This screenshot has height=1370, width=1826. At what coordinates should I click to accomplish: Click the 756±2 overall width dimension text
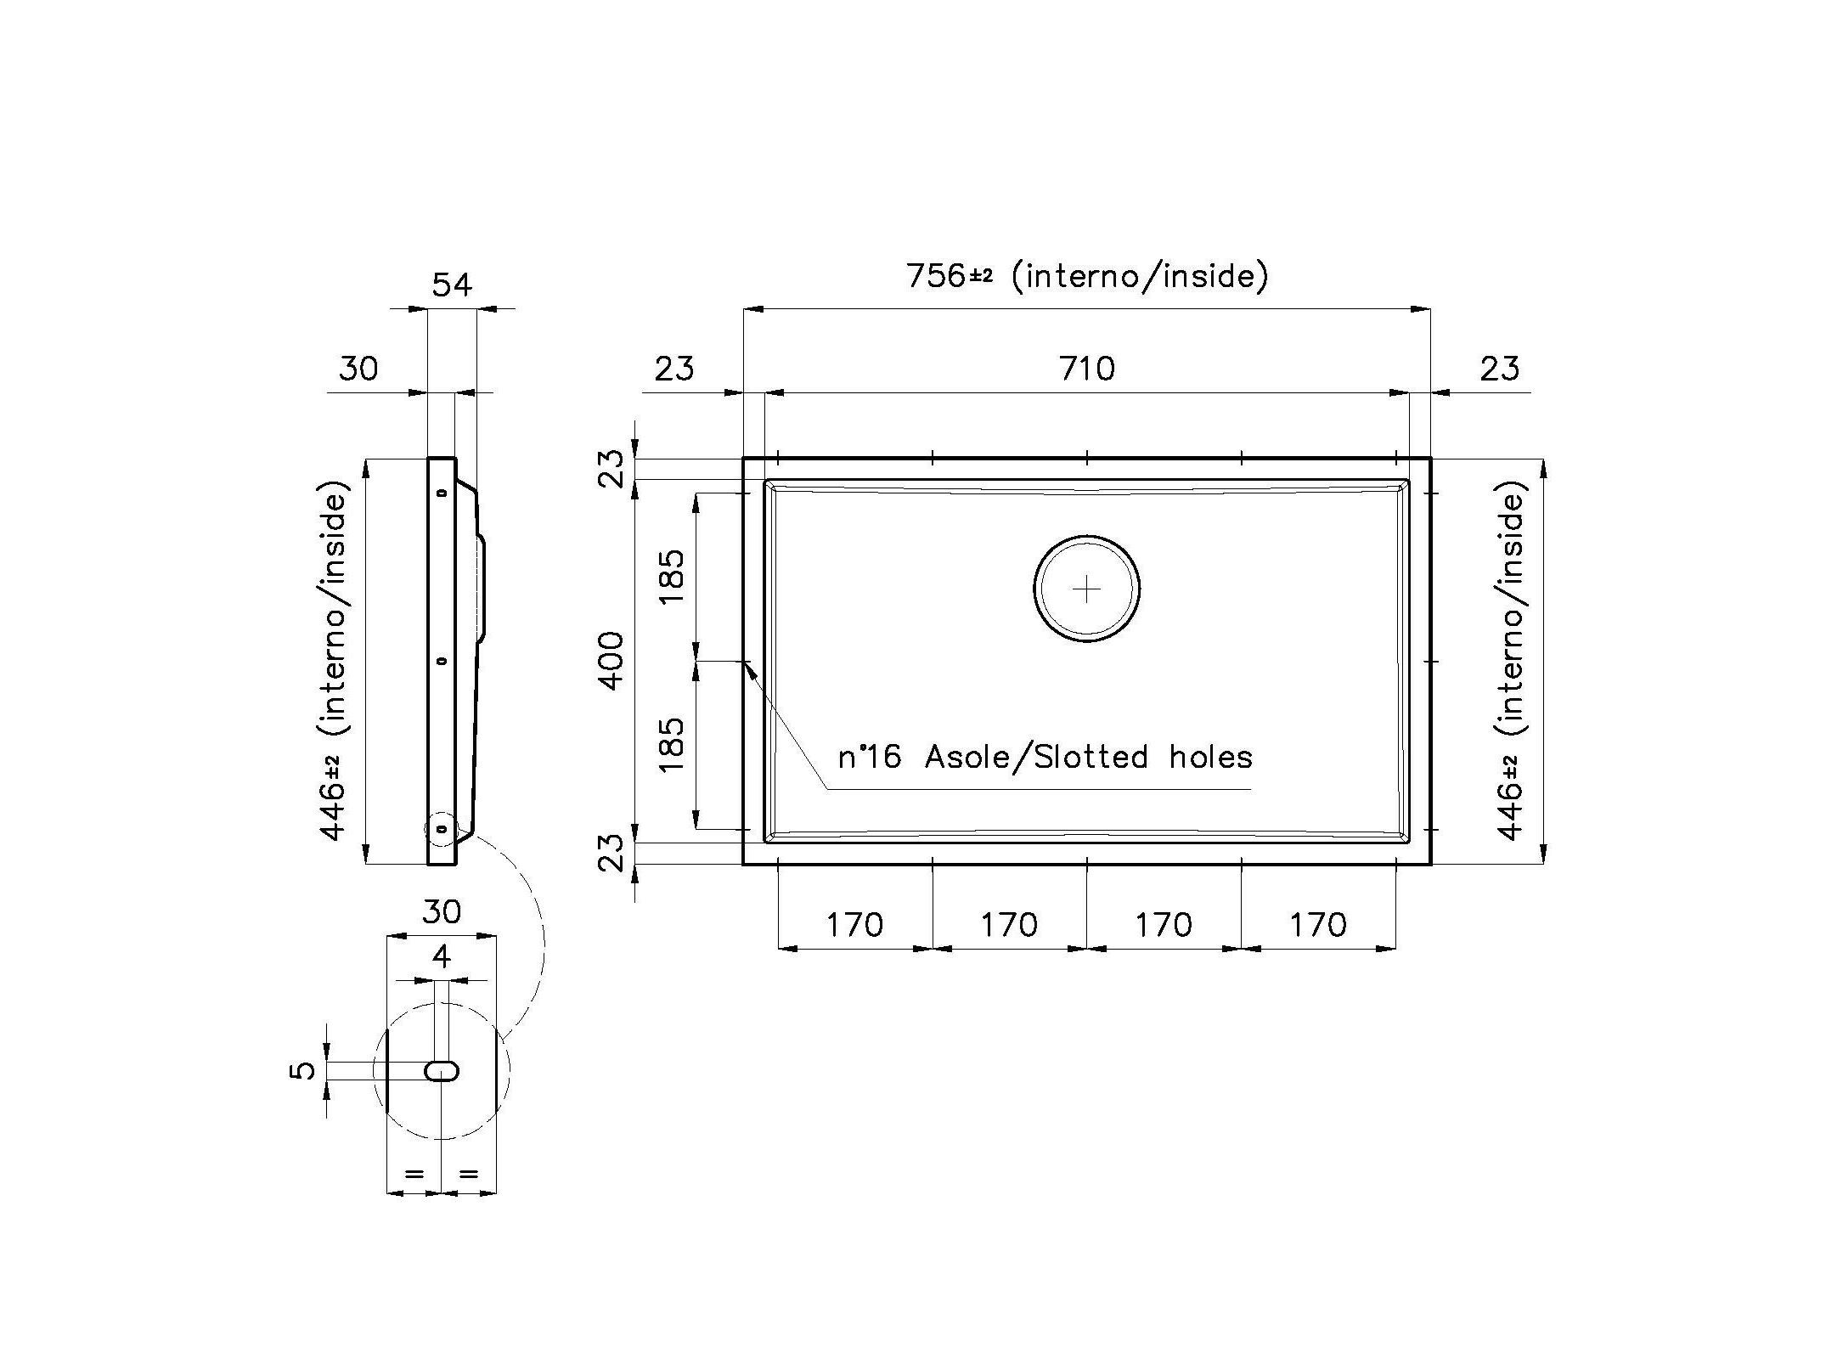(1086, 276)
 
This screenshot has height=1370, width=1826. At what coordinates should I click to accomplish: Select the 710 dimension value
(1086, 369)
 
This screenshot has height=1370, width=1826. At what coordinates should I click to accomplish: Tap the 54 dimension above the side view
(451, 285)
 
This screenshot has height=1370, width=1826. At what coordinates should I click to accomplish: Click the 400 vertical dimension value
(612, 661)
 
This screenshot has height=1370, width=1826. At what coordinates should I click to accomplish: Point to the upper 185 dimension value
(672, 576)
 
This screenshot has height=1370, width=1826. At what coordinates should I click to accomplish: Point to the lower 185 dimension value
(672, 744)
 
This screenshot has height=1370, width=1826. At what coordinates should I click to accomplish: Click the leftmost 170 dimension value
(854, 924)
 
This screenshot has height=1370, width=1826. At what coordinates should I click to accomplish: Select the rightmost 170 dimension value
(1317, 924)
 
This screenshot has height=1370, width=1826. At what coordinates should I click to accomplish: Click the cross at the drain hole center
(1086, 589)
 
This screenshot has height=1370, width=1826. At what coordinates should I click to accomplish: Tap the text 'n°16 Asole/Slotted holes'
(1045, 757)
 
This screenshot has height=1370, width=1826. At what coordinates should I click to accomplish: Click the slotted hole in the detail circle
(442, 1071)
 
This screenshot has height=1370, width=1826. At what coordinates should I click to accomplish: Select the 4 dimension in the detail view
(441, 957)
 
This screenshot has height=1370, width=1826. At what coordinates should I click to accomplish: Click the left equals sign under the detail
(414, 1175)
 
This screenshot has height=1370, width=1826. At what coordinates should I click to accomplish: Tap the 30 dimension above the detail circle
(442, 912)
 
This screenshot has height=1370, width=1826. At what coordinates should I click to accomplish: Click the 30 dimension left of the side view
(358, 369)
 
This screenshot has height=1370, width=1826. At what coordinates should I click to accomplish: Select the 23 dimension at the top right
(1499, 369)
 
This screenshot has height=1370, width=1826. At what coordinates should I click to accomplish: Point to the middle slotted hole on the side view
(442, 660)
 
